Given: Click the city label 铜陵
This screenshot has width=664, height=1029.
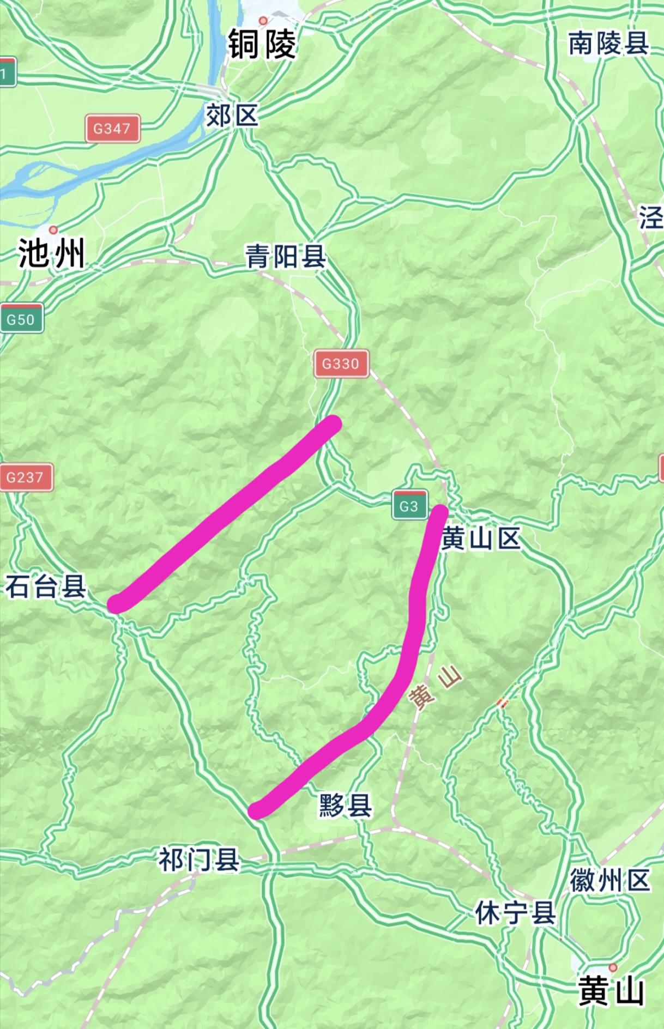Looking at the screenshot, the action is (x=262, y=45).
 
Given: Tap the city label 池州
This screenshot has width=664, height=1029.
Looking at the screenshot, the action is (x=52, y=254).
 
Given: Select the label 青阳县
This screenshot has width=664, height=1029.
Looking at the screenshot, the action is (x=286, y=256).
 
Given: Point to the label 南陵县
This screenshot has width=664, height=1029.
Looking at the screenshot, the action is (x=608, y=44).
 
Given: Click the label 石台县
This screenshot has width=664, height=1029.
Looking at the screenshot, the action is (x=46, y=587).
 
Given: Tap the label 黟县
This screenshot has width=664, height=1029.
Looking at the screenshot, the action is (x=346, y=805).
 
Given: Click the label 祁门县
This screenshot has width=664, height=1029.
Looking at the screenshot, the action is (x=200, y=860).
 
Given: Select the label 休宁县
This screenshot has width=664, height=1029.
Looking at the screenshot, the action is (x=515, y=912).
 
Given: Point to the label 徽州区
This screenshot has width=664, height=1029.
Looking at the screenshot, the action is (x=610, y=880).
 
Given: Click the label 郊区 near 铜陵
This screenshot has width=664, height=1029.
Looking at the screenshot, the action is (x=232, y=116).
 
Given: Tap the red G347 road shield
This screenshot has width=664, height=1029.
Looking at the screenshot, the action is (x=112, y=129).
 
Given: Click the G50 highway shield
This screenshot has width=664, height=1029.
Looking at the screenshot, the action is (x=21, y=319).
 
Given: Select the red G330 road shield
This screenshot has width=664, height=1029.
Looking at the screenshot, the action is (x=341, y=364).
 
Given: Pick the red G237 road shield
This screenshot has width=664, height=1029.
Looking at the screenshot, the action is (x=25, y=477).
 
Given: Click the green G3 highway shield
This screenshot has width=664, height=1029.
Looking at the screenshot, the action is (x=409, y=505).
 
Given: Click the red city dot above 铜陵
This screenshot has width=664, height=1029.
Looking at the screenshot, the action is (x=263, y=21).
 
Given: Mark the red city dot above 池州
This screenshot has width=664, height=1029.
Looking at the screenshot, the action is (x=53, y=230).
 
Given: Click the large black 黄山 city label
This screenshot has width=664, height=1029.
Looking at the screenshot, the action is (x=611, y=990).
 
